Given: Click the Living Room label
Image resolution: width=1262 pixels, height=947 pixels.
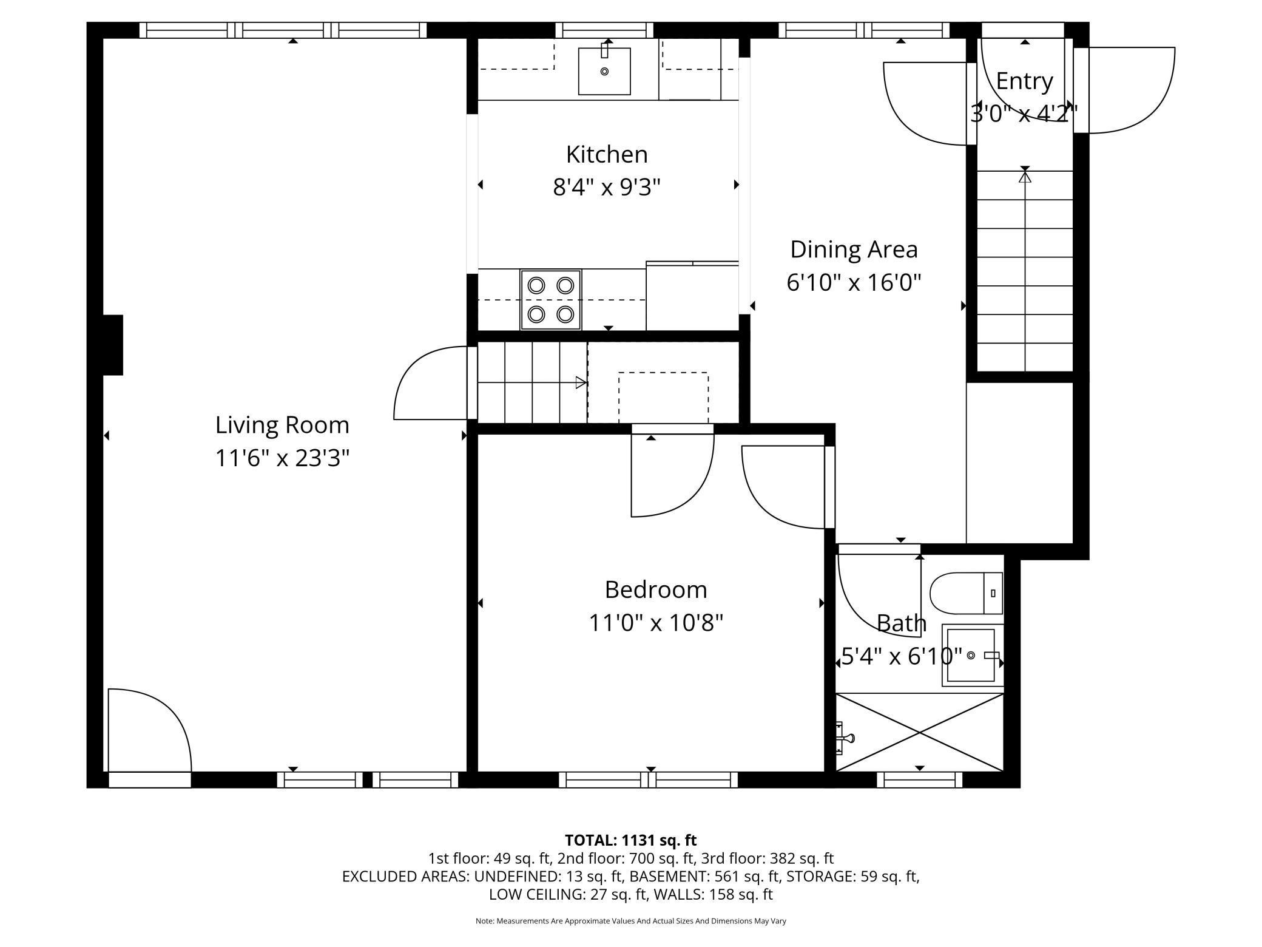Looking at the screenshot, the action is (x=282, y=425).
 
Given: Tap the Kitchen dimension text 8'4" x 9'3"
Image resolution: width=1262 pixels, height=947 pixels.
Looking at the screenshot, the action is (x=606, y=188).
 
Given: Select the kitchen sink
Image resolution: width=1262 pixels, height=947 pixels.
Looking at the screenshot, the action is (x=604, y=71).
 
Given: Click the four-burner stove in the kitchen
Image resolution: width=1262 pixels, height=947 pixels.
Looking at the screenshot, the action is (x=550, y=300).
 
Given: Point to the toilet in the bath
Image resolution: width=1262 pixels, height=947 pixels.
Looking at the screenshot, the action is (x=966, y=593).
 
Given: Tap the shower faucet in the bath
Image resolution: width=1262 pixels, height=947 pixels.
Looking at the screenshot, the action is (x=844, y=738).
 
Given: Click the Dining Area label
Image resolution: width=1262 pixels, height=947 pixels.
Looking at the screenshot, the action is (x=854, y=249).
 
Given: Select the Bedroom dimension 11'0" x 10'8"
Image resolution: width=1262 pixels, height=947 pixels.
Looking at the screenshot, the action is (x=656, y=623).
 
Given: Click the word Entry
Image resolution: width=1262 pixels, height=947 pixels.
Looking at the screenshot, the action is (x=1024, y=81).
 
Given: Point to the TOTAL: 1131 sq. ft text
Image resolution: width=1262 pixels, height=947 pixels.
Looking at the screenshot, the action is (x=630, y=840).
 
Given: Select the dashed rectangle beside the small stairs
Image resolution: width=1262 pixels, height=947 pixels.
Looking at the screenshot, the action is (x=663, y=398).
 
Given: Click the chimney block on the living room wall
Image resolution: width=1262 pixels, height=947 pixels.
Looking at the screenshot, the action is (x=113, y=345).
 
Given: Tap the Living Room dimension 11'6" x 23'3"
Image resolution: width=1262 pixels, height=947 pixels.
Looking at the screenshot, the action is (x=282, y=458).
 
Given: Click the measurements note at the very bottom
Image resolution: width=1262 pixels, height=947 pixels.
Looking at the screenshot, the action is (x=630, y=921).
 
